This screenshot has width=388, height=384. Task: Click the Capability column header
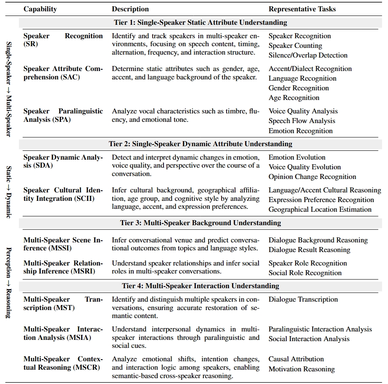pos(40,9)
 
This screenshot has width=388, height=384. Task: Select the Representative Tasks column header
pos(302,9)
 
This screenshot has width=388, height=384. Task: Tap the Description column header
pos(130,9)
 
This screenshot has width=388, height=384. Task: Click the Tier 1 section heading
pos(201,22)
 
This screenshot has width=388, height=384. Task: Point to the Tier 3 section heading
pos(201,223)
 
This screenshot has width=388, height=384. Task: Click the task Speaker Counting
pos(295,45)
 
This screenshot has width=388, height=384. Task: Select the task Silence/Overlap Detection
pos(308,55)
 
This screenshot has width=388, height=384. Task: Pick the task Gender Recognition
pos(298,88)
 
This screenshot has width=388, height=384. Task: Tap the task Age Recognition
pos(294,97)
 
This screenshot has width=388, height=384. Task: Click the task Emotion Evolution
pos(297,157)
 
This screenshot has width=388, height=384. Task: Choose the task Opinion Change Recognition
pos(312,176)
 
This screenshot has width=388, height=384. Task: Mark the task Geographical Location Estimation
pos(320,209)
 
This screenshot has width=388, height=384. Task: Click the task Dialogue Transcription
pos(303,299)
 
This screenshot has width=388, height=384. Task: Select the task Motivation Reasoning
pos(301,369)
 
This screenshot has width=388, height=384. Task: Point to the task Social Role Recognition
pos(305,273)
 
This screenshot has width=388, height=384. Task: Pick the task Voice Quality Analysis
pos(303,111)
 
